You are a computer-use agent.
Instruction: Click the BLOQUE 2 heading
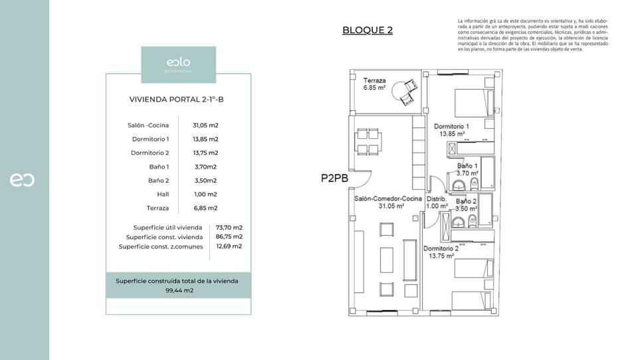coord(367,30)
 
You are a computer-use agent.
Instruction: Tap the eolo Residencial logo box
coord(178,64)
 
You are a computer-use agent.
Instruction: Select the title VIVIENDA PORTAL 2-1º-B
coord(178,100)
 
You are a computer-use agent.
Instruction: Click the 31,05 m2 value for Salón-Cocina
coord(205,125)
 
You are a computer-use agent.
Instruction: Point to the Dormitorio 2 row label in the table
coord(150,153)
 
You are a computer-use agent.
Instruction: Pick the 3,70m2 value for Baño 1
coord(205,167)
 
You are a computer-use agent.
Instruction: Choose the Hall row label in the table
coord(162,194)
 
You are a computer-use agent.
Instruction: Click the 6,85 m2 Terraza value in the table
coord(205,208)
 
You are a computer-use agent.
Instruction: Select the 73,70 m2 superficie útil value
coord(229,227)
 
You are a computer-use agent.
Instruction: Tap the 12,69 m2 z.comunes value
coord(229,246)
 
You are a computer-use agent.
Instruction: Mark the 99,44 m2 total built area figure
coord(179,290)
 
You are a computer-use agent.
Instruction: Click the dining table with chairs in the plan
coord(367,140)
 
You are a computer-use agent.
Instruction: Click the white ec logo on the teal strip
coord(23,180)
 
